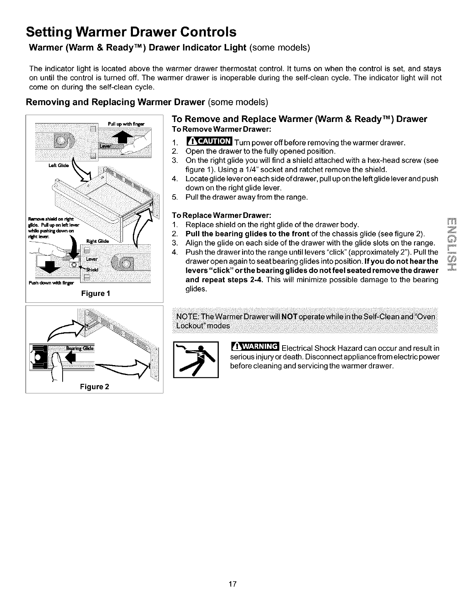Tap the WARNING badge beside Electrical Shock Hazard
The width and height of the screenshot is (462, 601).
coord(255,347)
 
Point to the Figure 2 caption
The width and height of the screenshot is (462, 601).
coord(94,387)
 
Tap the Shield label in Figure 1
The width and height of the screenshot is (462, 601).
coord(92,269)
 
